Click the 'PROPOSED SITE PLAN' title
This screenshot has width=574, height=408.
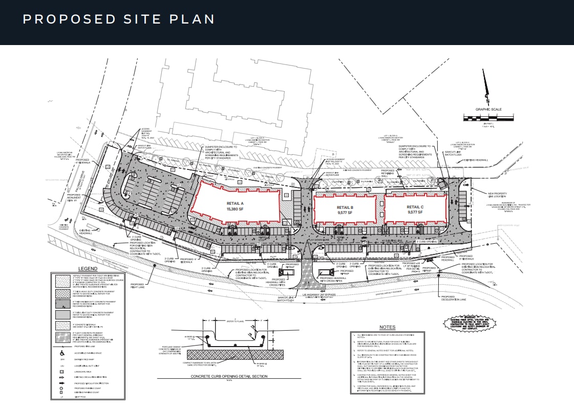coord(118,19)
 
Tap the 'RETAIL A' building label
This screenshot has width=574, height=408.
coord(235,203)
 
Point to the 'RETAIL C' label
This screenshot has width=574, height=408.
coord(415,207)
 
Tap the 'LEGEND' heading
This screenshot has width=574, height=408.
coord(88,268)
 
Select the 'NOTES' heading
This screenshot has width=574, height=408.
coord(387,327)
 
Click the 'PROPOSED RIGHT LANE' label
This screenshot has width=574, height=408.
coord(137,285)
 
